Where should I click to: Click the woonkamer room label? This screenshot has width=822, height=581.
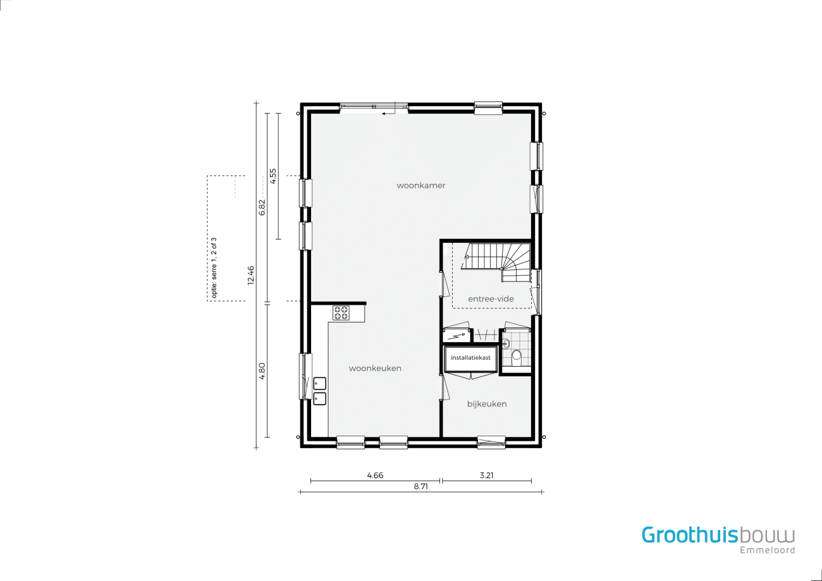[x=421, y=186]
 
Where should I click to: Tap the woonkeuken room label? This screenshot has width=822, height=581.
[x=375, y=368]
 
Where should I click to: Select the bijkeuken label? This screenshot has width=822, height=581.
[x=487, y=404]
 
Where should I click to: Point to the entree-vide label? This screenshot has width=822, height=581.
[x=491, y=299]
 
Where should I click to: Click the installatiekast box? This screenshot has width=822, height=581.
[x=471, y=358]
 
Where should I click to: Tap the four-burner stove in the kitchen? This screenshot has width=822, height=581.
[x=341, y=313]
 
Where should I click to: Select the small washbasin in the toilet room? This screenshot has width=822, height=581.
[x=506, y=344]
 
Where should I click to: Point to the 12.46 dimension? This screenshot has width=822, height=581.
[x=251, y=275]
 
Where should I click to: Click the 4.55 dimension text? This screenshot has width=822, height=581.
[x=273, y=176]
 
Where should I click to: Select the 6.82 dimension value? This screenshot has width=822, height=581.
[x=262, y=207]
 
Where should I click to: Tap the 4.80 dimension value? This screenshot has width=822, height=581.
[x=262, y=371]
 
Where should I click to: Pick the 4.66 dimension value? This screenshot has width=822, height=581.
[x=375, y=475]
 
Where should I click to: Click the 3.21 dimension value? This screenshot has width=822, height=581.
[x=487, y=475]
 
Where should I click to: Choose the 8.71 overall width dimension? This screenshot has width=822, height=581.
[x=421, y=487]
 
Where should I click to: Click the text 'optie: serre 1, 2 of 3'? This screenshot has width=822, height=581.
[x=214, y=267]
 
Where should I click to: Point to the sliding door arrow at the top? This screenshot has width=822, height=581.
[x=388, y=114]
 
